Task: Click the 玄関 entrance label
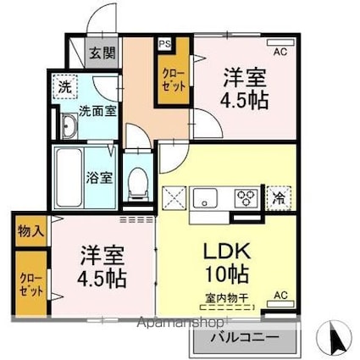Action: [102, 53]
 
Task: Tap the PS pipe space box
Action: [164, 44]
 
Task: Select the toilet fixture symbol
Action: [138, 185]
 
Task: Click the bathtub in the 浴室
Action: [69, 178]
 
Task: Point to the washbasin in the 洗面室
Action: [69, 126]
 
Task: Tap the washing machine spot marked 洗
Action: [65, 86]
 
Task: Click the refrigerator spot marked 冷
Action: [279, 198]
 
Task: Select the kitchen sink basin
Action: [205, 198]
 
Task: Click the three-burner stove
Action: [246, 197]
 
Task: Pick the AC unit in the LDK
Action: [280, 304]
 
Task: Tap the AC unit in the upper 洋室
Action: [280, 42]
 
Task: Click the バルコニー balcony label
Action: [245, 338]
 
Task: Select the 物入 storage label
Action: [31, 231]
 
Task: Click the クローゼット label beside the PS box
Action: [173, 80]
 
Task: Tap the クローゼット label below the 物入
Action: [31, 285]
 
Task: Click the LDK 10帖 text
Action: [227, 263]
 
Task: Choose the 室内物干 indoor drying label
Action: [227, 298]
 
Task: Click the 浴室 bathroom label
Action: [99, 178]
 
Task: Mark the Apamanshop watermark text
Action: [180, 323]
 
